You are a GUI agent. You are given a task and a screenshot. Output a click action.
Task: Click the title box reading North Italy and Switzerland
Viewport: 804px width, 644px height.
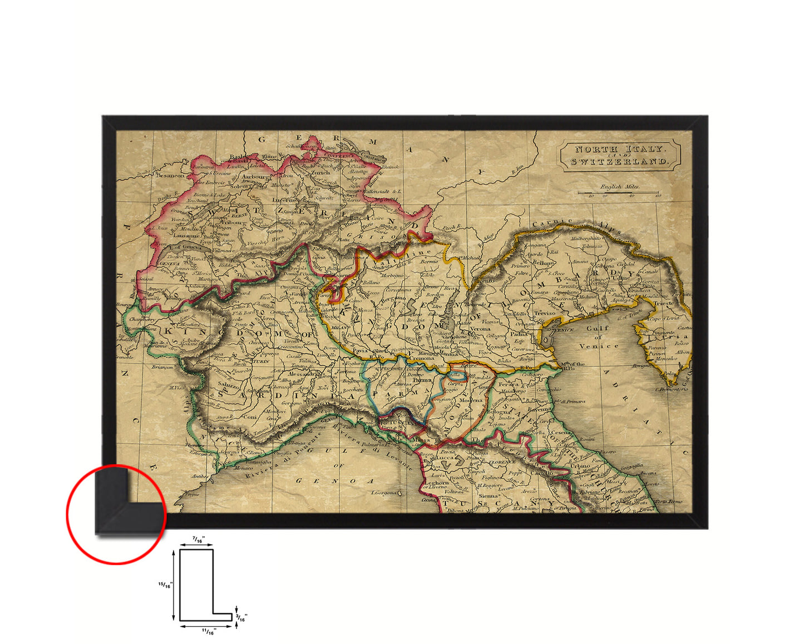(x=620, y=155)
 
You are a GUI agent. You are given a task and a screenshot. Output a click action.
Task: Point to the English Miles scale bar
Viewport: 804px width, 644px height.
(x=618, y=193)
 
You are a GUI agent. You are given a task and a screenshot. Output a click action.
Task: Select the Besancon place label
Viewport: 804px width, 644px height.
(x=170, y=175)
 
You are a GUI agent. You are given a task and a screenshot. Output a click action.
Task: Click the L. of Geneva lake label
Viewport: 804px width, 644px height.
(x=185, y=247)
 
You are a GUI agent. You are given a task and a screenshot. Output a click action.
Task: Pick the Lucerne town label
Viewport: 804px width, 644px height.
(x=284, y=200)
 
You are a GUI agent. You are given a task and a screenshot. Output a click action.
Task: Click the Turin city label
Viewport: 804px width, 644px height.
(x=261, y=362)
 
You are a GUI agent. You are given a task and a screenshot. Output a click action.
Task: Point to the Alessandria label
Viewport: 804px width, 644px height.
(x=304, y=374)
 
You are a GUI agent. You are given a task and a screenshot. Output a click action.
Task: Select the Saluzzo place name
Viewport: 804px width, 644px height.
(x=229, y=385)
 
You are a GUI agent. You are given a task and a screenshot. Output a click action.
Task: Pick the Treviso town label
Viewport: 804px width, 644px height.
(x=545, y=313)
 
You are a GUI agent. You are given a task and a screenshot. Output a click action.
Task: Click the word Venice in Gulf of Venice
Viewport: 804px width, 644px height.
(x=598, y=346)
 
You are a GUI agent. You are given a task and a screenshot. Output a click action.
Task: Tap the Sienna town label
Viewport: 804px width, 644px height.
(x=489, y=495)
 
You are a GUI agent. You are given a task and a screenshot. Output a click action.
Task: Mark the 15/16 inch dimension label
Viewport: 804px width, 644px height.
(x=165, y=585)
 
